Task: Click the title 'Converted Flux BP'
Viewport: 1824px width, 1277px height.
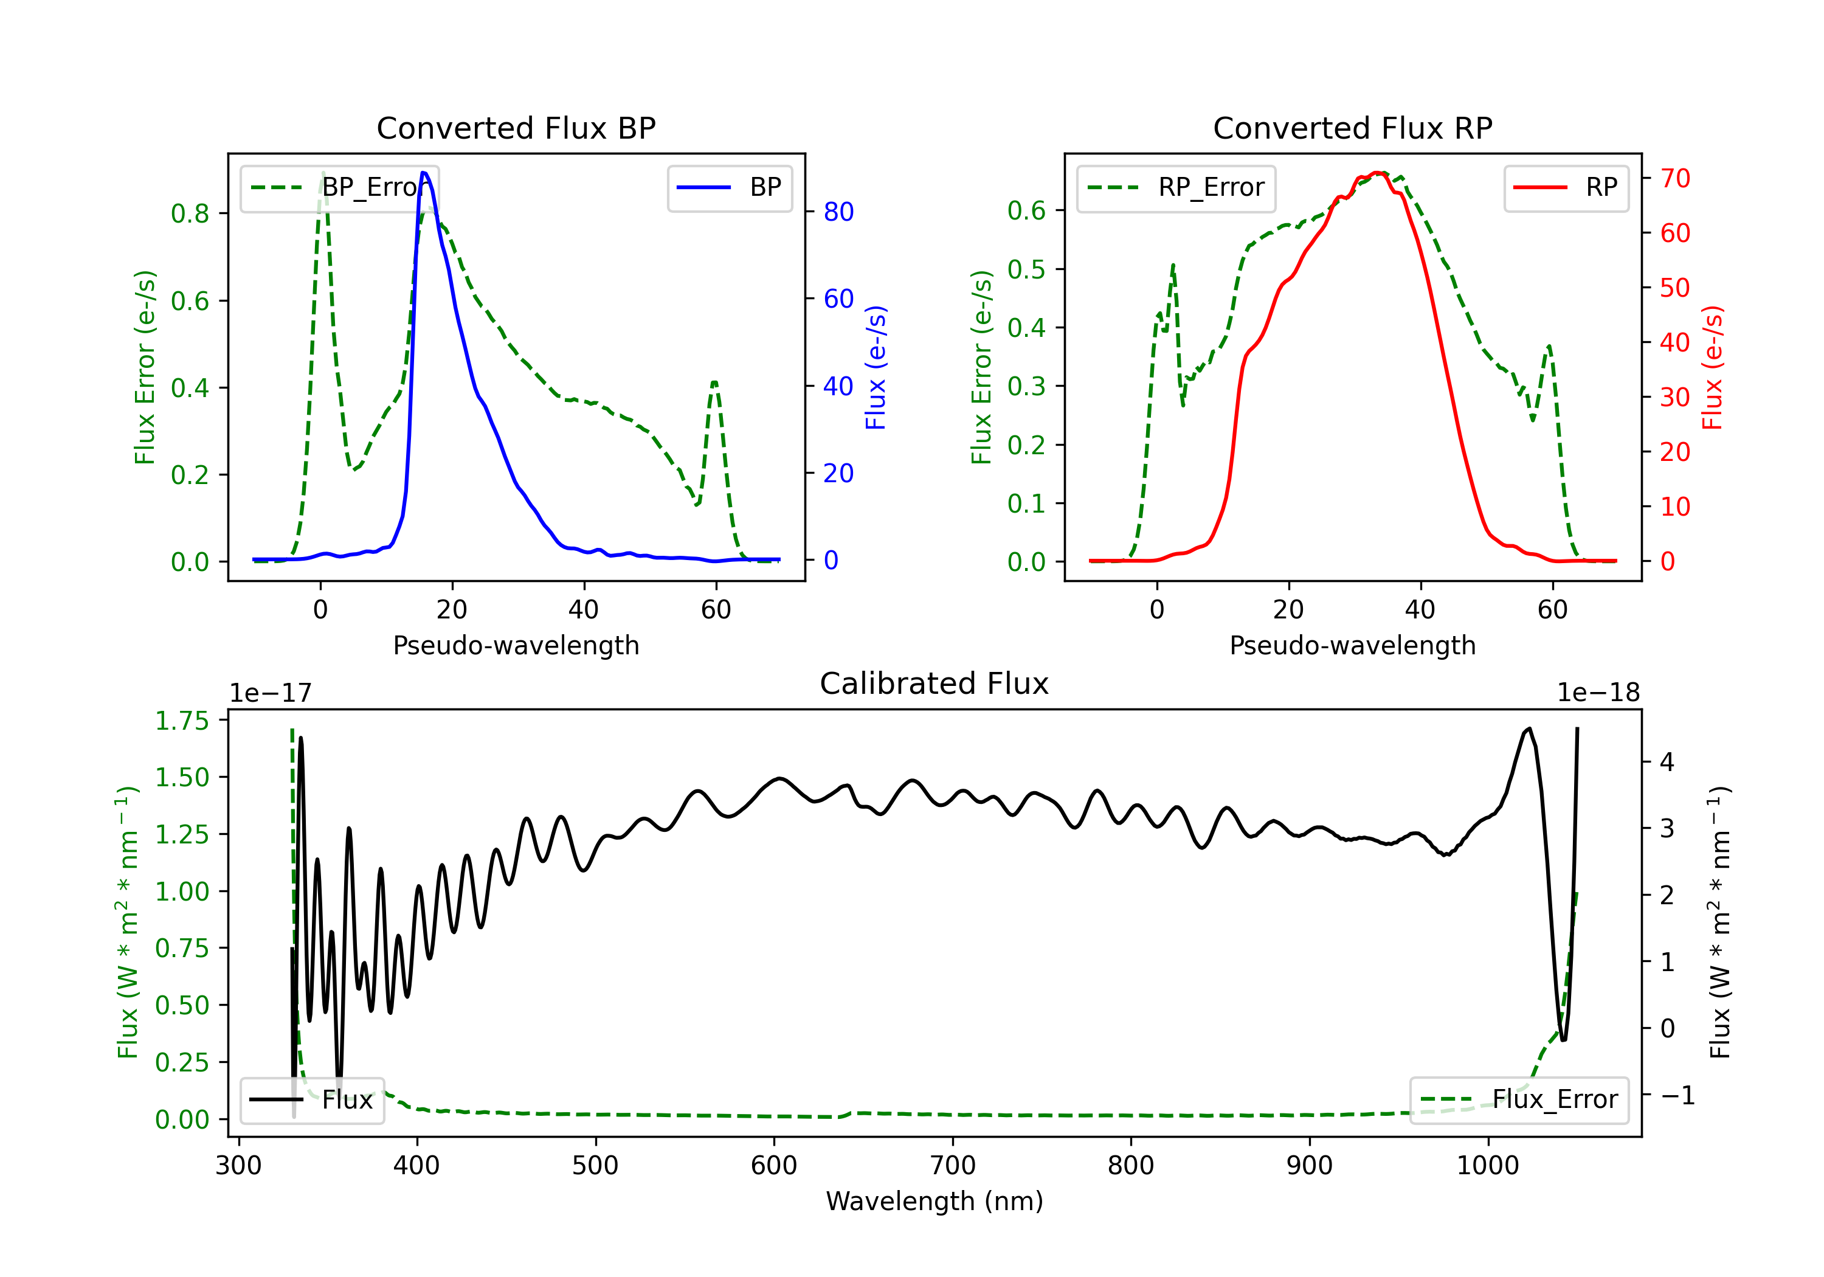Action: pos(516,128)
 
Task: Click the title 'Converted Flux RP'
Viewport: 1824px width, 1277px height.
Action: pos(1352,128)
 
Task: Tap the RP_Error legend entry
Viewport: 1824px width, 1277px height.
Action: pos(1176,187)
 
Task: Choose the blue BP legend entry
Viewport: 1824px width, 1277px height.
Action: pos(729,187)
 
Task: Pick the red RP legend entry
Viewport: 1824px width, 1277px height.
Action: pos(1565,187)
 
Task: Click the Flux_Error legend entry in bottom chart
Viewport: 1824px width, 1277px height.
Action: pos(1519,1100)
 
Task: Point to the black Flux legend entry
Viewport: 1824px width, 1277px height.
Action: pos(311,1100)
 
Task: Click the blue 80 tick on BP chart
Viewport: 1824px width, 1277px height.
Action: pos(838,212)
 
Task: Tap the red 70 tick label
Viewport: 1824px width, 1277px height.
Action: pos(1674,179)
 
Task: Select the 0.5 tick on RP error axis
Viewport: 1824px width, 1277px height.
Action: pos(1026,269)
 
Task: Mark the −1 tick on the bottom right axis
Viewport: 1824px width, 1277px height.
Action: pos(1677,1096)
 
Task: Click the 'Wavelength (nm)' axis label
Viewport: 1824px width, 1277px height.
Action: pos(934,1202)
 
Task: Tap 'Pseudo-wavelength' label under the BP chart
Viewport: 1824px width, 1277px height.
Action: pos(516,645)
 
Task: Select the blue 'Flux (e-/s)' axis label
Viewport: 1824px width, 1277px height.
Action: pos(876,367)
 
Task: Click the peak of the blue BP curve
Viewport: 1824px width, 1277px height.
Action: pos(423,173)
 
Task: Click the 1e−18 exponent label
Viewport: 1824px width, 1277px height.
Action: pos(1598,693)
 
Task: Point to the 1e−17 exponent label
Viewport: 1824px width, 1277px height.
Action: pos(270,693)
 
